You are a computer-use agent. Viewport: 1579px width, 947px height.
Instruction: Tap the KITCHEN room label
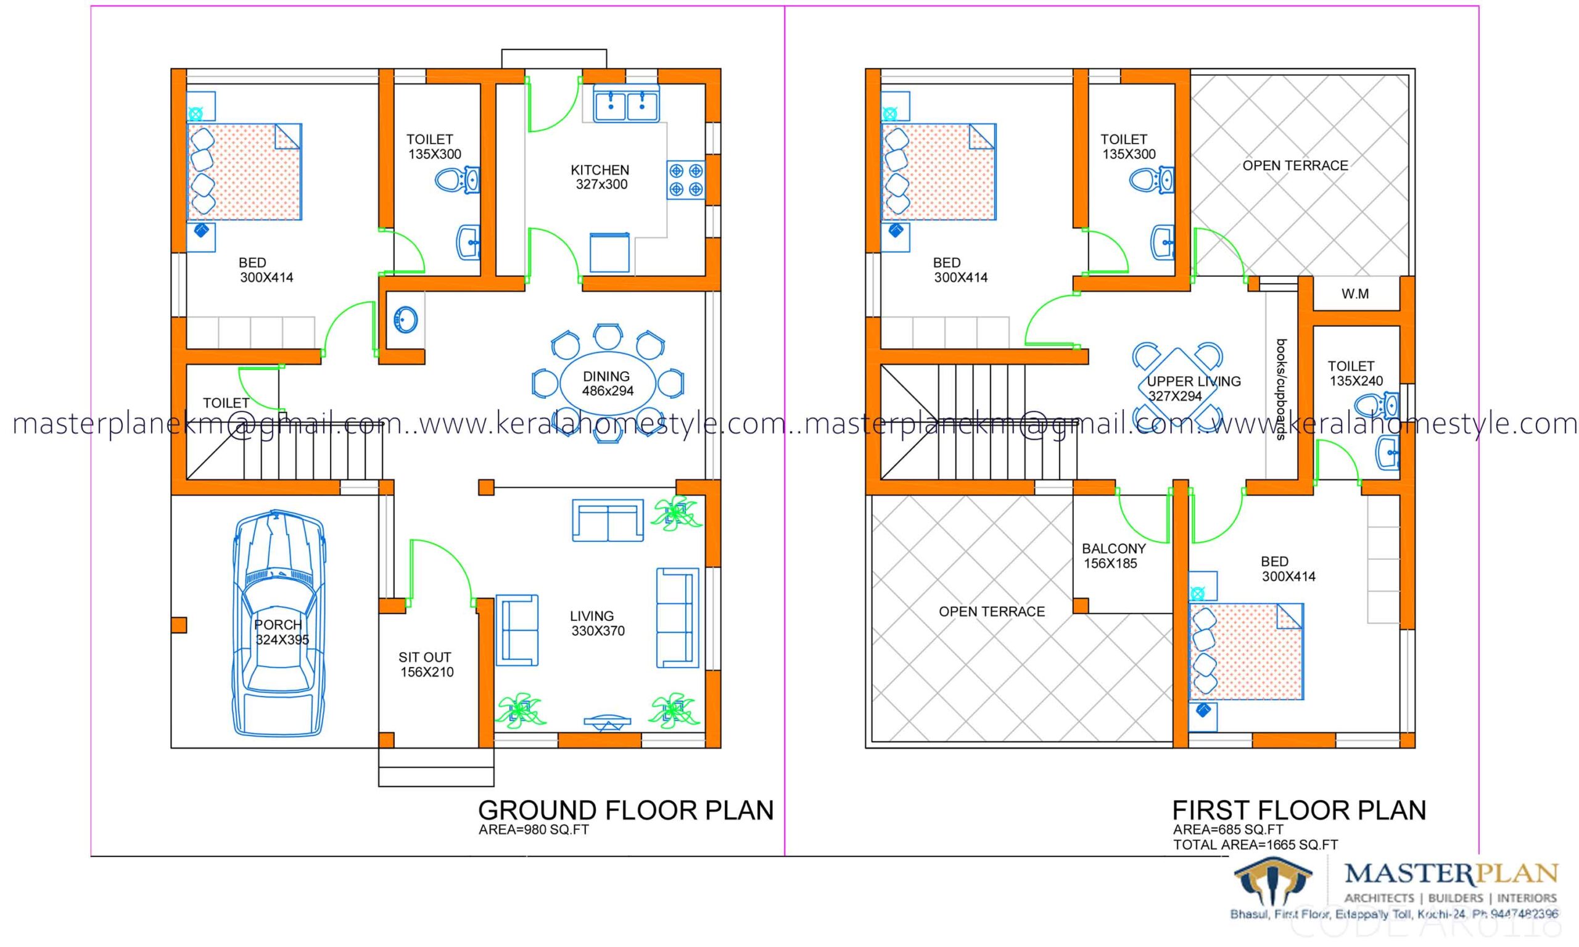(600, 178)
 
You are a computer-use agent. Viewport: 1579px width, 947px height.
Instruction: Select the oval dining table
(607, 383)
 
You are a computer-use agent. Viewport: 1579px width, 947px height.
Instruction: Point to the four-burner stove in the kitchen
(686, 180)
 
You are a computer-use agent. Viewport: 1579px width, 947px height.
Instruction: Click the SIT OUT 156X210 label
(426, 664)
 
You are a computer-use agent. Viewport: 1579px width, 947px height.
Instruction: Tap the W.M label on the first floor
(1354, 294)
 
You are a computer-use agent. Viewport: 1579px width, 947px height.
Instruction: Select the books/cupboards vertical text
(1280, 390)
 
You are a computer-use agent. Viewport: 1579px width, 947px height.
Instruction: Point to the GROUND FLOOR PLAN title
(625, 811)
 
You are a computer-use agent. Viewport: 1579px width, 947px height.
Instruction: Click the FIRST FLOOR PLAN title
(1299, 811)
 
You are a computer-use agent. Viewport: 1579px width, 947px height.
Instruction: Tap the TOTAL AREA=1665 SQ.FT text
(1255, 845)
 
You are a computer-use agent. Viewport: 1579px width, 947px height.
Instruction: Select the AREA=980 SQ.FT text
(534, 830)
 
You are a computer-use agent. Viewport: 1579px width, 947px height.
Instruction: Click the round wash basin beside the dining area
(406, 319)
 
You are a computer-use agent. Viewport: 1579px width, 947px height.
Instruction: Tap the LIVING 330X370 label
(597, 623)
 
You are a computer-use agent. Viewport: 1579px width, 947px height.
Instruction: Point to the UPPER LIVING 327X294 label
(1193, 388)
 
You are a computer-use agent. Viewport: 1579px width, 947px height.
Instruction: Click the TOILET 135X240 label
(1355, 373)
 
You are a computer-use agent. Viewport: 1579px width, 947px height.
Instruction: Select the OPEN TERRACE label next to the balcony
(991, 612)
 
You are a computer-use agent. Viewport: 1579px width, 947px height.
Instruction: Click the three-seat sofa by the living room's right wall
(677, 618)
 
